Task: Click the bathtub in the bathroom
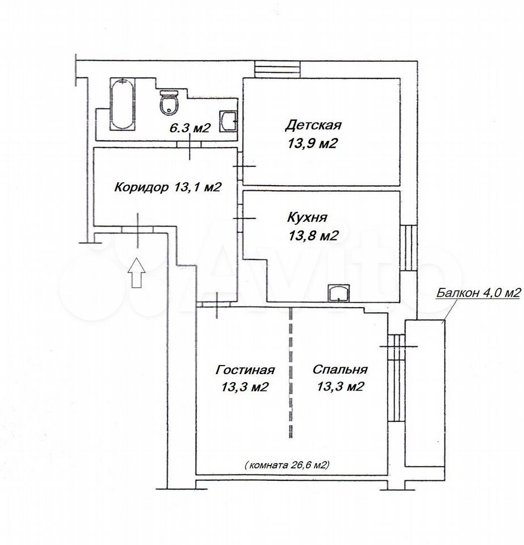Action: pos(121,104)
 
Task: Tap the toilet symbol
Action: pos(170,102)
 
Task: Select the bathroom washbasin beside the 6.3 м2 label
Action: pos(228,121)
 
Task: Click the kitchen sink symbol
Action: pos(339,293)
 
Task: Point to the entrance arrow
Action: pos(137,272)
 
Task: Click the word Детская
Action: pos(313,125)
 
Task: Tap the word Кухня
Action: pos(307,217)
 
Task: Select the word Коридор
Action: pos(141,187)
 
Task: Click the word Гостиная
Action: pos(245,370)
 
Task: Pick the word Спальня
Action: pos(340,369)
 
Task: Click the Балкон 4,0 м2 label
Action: pos(479,293)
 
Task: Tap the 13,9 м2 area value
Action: pos(312,143)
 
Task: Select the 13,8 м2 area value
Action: pos(313,236)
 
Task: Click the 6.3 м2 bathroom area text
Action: pos(190,128)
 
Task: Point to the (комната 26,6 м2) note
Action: pos(287,465)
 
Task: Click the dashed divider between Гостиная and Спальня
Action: pos(291,372)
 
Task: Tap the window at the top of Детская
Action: pos(278,69)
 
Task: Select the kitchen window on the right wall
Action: pos(408,248)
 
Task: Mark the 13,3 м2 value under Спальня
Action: pos(340,387)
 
